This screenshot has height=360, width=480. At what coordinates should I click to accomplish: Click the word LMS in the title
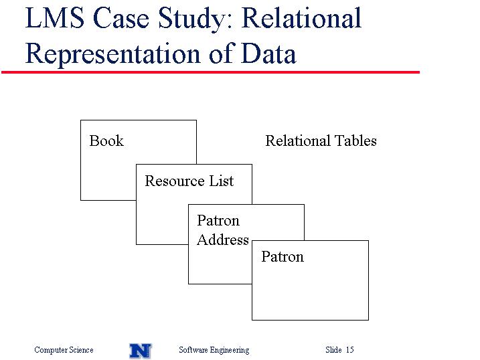[55, 18]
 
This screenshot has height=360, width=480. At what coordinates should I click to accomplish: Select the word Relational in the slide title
[301, 18]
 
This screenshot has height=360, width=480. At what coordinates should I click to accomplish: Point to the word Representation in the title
[113, 54]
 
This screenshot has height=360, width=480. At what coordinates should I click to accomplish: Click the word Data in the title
[268, 54]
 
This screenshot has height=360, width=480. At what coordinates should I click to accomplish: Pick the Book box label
[106, 141]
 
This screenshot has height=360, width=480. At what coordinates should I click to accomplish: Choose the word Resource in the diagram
[175, 181]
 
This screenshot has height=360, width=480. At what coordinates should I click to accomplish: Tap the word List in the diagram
[222, 181]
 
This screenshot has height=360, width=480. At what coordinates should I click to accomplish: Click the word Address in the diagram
[223, 240]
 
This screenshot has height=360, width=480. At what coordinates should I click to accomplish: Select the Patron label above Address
[218, 221]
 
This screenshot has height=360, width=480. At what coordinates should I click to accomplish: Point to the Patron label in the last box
[283, 257]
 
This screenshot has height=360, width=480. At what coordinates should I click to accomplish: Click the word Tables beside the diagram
[355, 141]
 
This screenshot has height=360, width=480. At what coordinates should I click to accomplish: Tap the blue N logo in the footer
[141, 351]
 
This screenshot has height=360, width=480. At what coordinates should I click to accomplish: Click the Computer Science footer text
[64, 349]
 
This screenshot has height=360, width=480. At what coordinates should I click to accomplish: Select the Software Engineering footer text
[214, 350]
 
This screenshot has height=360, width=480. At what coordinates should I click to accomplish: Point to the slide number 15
[350, 349]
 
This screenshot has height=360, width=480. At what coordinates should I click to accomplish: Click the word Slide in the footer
[333, 349]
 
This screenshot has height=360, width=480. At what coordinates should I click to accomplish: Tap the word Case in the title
[121, 18]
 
